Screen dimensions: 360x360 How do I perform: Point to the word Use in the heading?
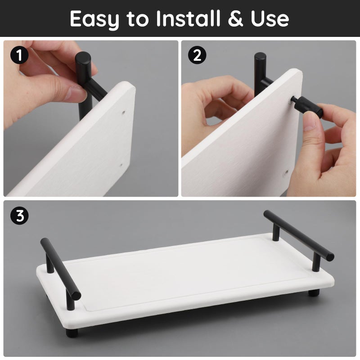coord(268,18)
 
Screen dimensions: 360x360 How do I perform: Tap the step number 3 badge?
coord(19,216)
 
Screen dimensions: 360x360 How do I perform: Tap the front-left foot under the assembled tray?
coord(72,333)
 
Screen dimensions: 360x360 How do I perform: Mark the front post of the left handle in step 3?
coord(70,299)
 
